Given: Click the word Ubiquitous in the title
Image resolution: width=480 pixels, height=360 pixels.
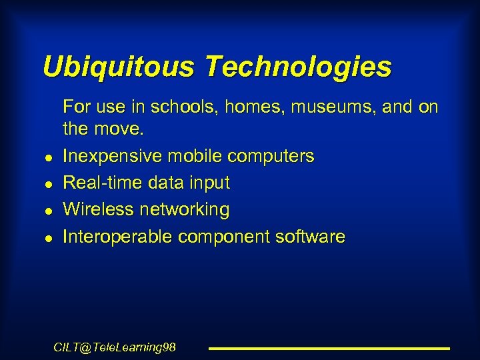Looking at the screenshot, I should pos(119,67).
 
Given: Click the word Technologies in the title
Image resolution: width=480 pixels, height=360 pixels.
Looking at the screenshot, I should pos(298,67).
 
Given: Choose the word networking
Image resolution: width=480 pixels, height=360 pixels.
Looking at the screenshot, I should pos(185,210).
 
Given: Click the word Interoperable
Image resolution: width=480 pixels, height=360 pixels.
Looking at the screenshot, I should pos(113,237).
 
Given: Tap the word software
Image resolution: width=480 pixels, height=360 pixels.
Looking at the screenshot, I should pos(310,237).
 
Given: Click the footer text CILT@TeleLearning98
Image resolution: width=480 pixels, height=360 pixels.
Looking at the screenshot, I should pos(115,347).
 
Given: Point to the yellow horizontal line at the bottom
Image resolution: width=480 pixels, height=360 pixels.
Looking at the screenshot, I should pos(329,348).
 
